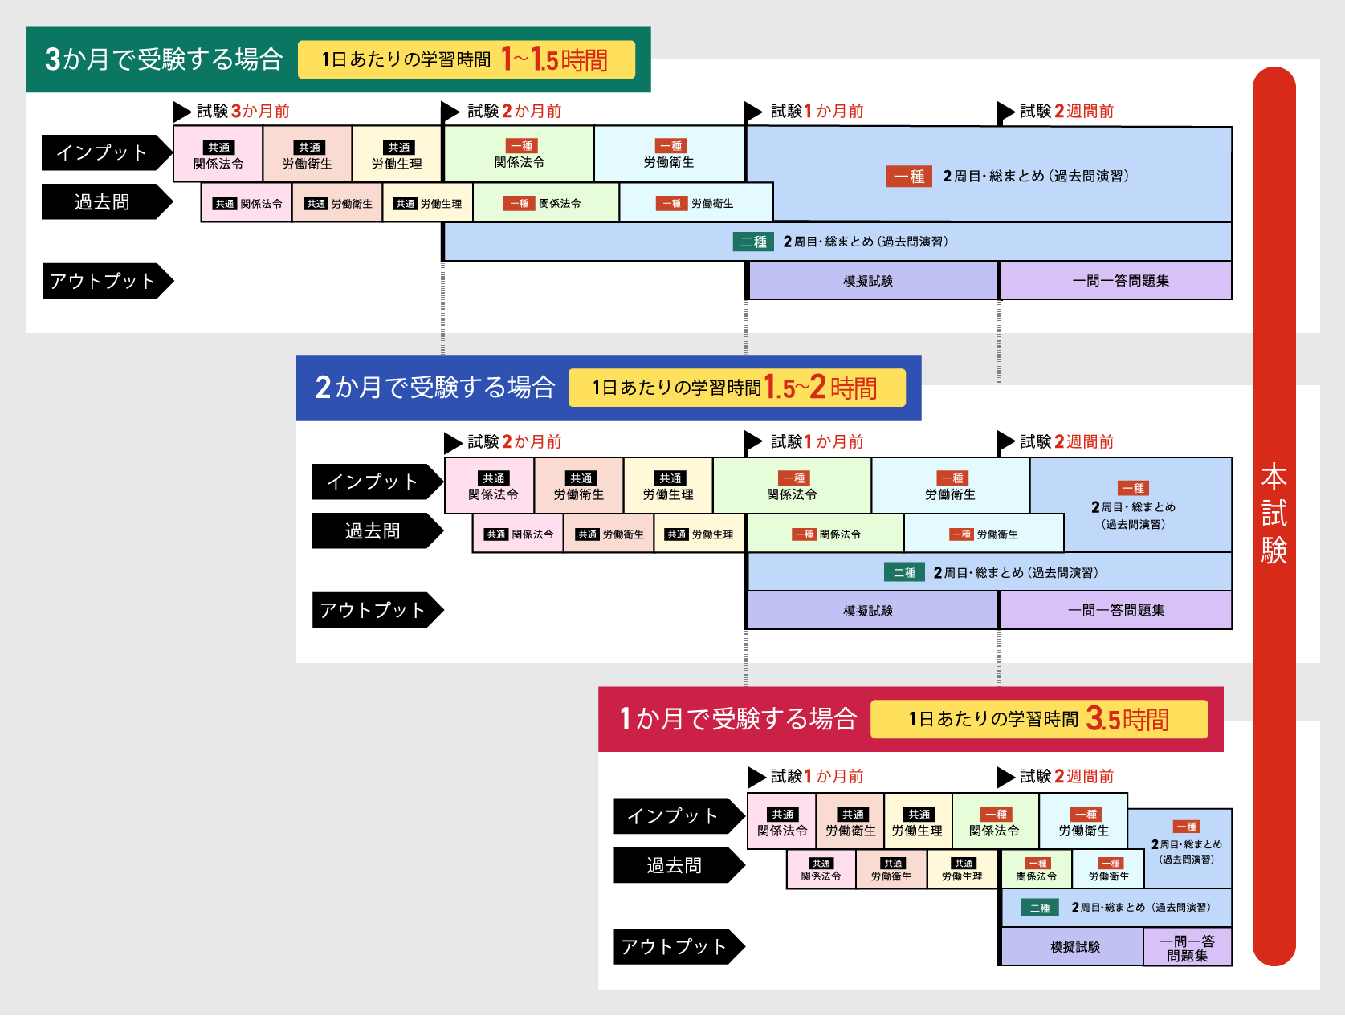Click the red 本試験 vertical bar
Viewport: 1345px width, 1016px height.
coord(1274,514)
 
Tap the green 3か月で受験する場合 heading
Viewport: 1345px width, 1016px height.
coord(164,59)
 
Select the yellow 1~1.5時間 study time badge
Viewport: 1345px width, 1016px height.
coord(467,60)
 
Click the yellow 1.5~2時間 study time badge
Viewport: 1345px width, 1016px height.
coord(736,388)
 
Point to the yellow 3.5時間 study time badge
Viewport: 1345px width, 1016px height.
coord(1038,719)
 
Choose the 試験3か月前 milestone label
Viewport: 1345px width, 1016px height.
coord(243,112)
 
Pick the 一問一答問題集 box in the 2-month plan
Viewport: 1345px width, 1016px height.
coord(1116,610)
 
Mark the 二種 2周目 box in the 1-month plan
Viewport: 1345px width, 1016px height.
coord(1116,908)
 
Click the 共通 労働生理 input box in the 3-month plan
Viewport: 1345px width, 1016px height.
coord(397,154)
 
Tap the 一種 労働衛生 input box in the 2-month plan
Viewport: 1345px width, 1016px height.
coord(951,486)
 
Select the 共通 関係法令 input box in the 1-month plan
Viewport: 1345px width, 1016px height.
coord(782,822)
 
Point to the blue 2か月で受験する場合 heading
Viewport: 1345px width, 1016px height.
coord(435,388)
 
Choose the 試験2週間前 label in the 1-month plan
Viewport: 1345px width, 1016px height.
coord(1066,776)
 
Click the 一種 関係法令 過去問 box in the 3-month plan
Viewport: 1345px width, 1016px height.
coord(546,203)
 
